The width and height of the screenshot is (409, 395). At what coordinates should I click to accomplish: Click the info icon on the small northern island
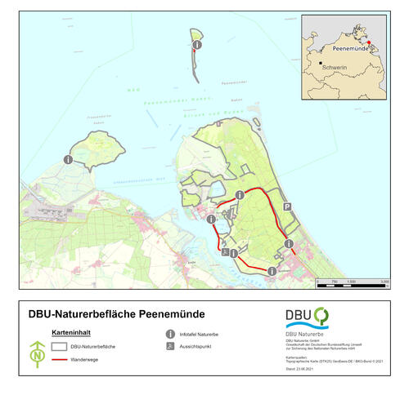pyautogui.click(x=196, y=44)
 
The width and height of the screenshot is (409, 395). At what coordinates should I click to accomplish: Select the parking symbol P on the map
pyautogui.click(x=287, y=208)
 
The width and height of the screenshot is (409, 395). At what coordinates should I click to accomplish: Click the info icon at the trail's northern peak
pyautogui.click(x=239, y=194)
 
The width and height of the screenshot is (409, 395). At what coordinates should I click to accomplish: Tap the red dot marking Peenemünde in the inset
pyautogui.click(x=369, y=42)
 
